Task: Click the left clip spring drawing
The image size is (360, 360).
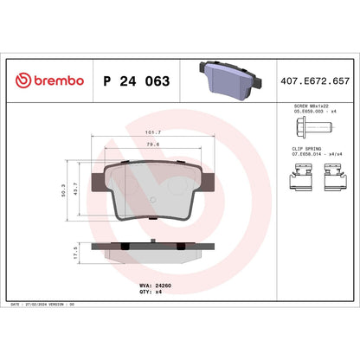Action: pyautogui.click(x=299, y=181)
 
